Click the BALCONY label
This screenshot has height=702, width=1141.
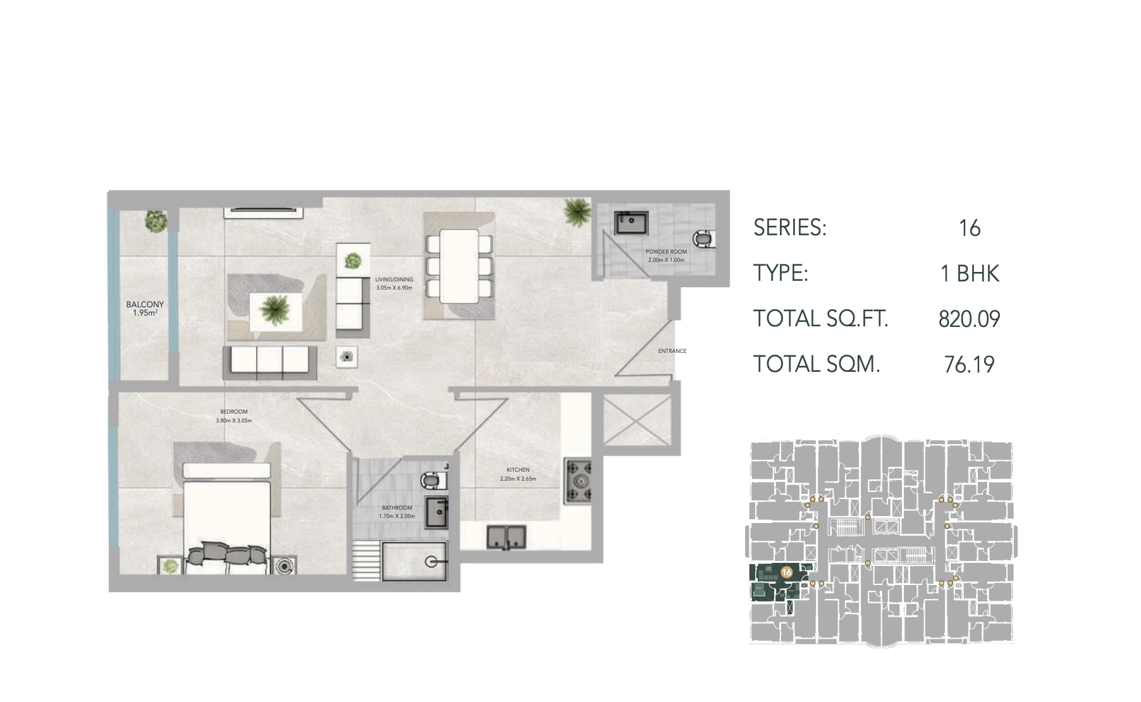[x=145, y=305]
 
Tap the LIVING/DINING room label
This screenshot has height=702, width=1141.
[x=394, y=280]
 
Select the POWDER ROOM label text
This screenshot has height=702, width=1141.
[x=666, y=252]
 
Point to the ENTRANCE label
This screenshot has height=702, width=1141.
[x=672, y=351]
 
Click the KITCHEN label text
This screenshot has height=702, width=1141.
[x=518, y=470]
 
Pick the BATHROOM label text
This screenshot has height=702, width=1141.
[x=397, y=508]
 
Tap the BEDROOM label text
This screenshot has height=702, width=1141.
[x=234, y=412]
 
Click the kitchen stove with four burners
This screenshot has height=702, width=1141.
[x=579, y=481]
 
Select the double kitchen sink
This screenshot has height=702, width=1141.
[x=506, y=538]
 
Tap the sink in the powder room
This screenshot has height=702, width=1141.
[x=631, y=223]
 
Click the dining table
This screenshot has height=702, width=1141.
[x=459, y=266]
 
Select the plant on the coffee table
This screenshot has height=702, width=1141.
[x=275, y=310]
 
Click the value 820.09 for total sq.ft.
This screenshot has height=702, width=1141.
[x=969, y=319]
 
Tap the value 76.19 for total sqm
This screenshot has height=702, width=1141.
[x=969, y=364]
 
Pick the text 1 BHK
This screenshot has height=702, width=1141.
[x=970, y=273]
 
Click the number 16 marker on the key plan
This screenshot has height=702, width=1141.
[x=787, y=572]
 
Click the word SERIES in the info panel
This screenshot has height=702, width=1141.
[x=790, y=228]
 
